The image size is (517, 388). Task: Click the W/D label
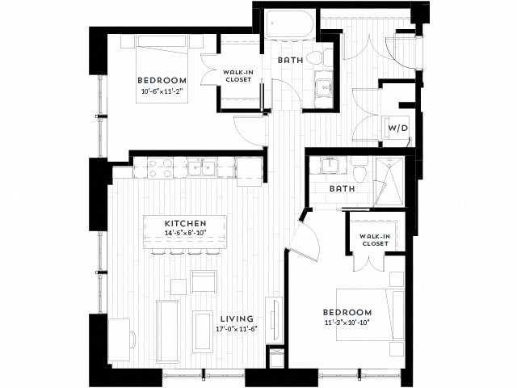pos(397,129)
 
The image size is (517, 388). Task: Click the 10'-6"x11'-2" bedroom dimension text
pos(162,90)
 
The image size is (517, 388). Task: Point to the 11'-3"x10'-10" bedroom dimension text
pos(347,323)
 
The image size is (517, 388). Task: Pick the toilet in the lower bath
pos(360,170)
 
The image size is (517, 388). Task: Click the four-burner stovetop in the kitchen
pos(158,167)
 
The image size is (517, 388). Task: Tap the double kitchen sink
pos(199,167)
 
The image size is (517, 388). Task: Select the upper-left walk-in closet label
pos(237,76)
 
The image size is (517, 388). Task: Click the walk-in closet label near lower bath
pos(375,239)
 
